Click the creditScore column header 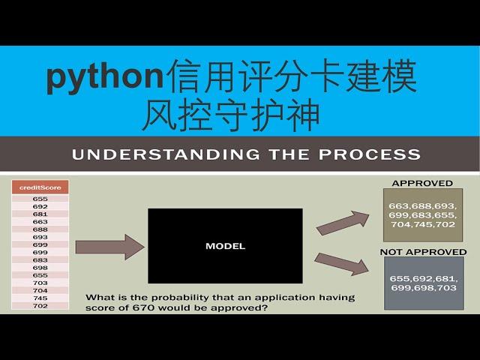point(40,187)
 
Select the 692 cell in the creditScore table point(40,206)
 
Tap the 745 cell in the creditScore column point(40,298)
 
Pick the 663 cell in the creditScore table point(40,222)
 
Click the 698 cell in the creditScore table point(40,268)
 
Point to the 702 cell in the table point(40,305)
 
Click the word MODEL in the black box point(225,246)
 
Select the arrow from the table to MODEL point(109,247)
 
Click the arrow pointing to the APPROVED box point(343,223)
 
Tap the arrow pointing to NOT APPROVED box point(342,264)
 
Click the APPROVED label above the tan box point(422,183)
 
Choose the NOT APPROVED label point(423,252)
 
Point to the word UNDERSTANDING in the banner point(166,154)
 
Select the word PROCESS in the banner point(370,154)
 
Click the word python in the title point(105,76)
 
